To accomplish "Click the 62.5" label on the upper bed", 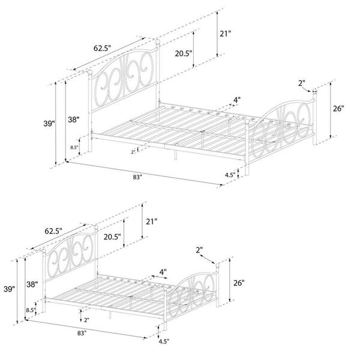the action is [102, 49].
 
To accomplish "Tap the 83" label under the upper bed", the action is [137, 177].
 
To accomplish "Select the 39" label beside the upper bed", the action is [49, 124].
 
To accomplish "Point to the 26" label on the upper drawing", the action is [338, 108].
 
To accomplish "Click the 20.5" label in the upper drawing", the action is [184, 53].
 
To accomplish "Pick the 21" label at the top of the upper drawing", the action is [225, 34].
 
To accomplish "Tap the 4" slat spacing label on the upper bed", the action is [237, 100].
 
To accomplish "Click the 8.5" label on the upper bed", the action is [74, 148].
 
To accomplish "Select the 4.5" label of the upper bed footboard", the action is [230, 175].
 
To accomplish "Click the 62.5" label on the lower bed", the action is [53, 231].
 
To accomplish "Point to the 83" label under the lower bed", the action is [82, 333].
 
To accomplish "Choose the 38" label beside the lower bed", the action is [32, 284].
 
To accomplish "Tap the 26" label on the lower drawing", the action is [239, 283].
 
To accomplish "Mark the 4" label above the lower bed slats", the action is [163, 272].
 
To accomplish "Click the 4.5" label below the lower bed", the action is [164, 341].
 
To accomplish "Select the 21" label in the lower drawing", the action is [152, 222].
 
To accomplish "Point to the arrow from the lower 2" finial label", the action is [208, 259].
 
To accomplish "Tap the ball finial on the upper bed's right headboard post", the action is [158, 41].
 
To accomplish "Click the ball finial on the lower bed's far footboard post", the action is [217, 265].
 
